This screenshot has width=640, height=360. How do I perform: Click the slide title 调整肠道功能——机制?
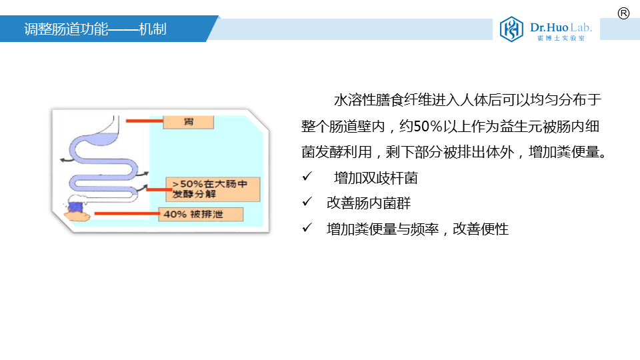(x=95, y=29)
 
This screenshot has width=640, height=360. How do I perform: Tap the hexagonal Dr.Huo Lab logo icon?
(x=511, y=29)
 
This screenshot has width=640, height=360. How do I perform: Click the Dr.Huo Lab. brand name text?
(x=561, y=27)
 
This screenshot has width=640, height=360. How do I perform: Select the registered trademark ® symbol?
(x=623, y=13)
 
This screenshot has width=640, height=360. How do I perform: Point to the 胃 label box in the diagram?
(x=188, y=121)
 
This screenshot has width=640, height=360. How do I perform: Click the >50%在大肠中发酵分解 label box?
(x=213, y=189)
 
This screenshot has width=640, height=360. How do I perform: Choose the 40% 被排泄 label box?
(x=201, y=214)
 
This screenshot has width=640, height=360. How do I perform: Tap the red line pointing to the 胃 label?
(x=145, y=121)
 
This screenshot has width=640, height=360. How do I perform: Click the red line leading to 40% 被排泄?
(x=127, y=213)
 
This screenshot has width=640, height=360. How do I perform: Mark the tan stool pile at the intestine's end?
(x=77, y=216)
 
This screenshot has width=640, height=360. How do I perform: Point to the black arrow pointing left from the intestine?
(x=65, y=159)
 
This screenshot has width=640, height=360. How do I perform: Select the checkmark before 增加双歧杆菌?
(x=307, y=176)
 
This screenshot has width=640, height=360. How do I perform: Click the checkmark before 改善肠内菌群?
(x=307, y=201)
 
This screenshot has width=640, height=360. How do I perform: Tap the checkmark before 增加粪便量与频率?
(x=307, y=227)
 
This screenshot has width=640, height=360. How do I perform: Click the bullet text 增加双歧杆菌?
(x=376, y=178)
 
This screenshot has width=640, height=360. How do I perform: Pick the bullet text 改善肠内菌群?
(x=369, y=203)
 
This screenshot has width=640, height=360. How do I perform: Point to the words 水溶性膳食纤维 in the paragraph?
(x=376, y=100)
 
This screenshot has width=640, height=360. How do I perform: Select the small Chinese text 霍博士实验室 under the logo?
(x=561, y=38)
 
